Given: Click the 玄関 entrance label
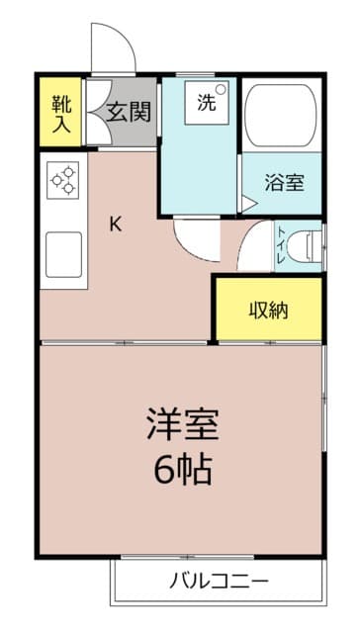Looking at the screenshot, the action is tap(129, 112).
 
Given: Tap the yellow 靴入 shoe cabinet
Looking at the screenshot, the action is tap(61, 112).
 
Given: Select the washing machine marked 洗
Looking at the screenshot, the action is tap(207, 103).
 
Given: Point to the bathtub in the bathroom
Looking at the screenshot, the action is tap(281, 116).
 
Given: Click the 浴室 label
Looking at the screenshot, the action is tap(285, 183).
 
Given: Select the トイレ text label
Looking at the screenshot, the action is tap(282, 246).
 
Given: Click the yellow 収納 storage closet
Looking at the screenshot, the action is tap(269, 310).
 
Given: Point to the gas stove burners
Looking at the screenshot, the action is tap(63, 180).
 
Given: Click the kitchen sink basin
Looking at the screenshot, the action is tap(63, 255).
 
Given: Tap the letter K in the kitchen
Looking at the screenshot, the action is tap(116, 225).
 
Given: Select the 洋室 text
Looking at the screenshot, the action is tap(183, 424).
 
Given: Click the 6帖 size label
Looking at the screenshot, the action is tap(183, 471).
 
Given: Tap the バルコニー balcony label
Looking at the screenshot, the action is tap(219, 582).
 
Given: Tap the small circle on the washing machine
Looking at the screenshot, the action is tap(220, 89).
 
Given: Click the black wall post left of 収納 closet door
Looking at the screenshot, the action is tap(213, 343).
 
